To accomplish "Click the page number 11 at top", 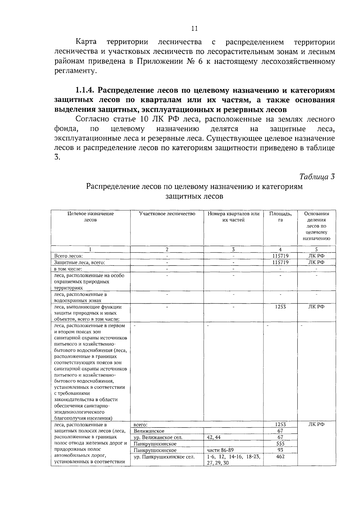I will [194, 29].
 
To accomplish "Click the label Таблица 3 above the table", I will [317, 177].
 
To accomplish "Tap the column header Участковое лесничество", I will [167, 214].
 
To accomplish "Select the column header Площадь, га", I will [280, 217].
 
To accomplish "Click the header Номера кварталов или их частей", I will [233, 217].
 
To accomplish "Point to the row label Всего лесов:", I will [68, 256].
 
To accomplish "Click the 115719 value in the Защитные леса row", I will [280, 262].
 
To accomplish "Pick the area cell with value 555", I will [280, 444].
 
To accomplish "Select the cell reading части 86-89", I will [220, 450].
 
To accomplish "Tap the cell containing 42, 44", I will [214, 437].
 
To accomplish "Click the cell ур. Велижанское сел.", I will [158, 437].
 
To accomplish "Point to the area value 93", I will [280, 450].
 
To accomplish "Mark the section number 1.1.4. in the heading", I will [85, 90].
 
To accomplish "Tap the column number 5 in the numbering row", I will [316, 249].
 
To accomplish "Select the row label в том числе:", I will [68, 269].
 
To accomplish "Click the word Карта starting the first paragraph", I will [86, 42].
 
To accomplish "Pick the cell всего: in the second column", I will [140, 425].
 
